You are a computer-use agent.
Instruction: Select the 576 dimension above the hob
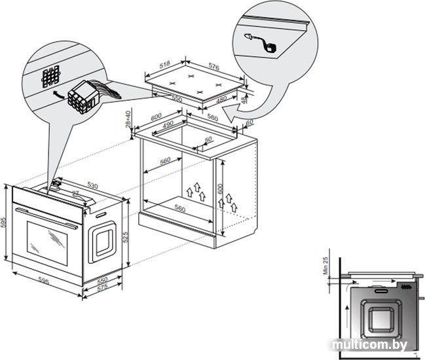(x=213, y=65)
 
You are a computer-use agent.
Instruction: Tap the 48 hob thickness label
(x=245, y=100)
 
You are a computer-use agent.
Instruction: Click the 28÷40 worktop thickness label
(x=129, y=119)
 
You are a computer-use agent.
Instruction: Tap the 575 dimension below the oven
(x=102, y=289)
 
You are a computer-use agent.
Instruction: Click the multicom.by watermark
(x=369, y=344)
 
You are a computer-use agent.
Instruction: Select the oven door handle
(x=46, y=218)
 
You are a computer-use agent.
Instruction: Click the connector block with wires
(x=86, y=96)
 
